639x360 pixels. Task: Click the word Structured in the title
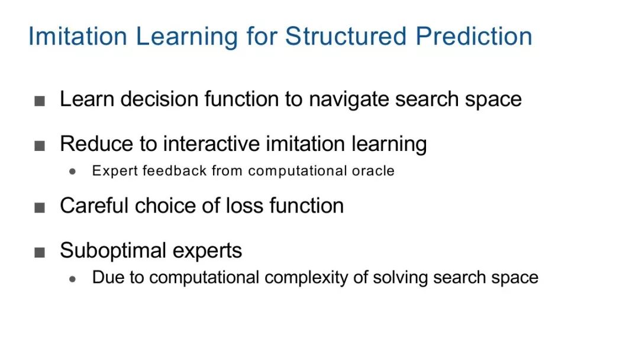pos(346,36)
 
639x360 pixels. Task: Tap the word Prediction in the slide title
pos(474,36)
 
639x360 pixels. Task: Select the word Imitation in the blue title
pos(78,36)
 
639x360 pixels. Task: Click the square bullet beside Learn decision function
pos(40,101)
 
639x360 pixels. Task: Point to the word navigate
pos(349,99)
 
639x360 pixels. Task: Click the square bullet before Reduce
pos(40,146)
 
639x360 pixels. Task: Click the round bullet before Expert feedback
pos(73,172)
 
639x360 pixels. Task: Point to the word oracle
pos(373,171)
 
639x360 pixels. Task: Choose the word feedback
pos(175,171)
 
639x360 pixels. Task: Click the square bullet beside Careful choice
pos(40,207)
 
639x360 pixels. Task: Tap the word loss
pos(244,205)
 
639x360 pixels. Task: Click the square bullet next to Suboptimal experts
pos(40,252)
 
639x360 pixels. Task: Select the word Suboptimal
pos(113,250)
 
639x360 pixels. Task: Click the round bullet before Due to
pos(73,279)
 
